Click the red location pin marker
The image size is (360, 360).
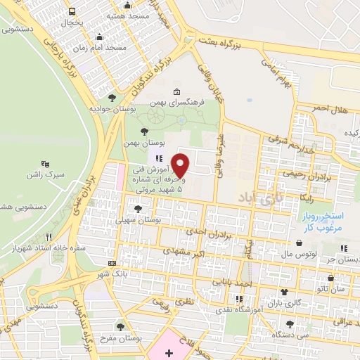181,165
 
